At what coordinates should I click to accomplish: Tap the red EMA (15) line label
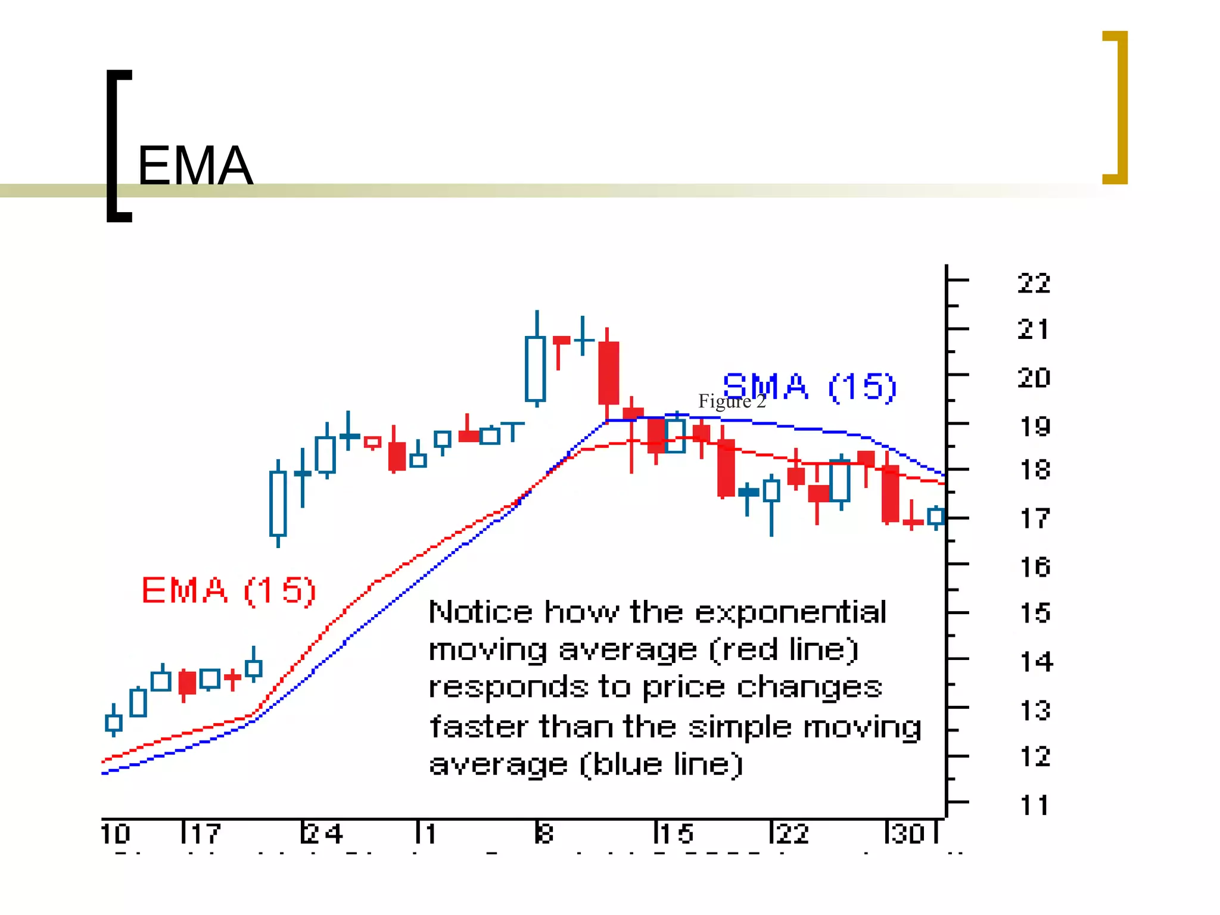pos(228,590)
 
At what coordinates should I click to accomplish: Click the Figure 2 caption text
pos(732,401)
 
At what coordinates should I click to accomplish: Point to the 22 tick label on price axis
pos(1034,284)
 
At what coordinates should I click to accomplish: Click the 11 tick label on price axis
pos(1034,805)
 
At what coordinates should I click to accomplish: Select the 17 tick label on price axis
pos(1035,519)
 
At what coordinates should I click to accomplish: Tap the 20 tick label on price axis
pos(1034,378)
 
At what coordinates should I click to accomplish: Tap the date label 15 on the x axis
pos(676,833)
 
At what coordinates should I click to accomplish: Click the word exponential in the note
pos(790,612)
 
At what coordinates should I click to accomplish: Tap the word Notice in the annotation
pos(480,612)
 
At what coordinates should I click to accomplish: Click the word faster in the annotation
pos(479,727)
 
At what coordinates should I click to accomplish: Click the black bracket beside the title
pos(116,146)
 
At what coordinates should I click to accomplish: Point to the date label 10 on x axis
pos(116,833)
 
